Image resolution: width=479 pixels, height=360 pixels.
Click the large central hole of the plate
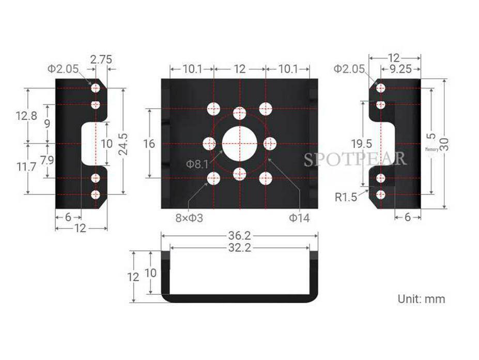point(239,143)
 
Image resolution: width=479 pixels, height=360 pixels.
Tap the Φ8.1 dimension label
point(197,164)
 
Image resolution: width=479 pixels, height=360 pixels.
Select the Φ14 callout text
point(299,218)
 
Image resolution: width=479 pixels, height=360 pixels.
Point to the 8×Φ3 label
point(189,218)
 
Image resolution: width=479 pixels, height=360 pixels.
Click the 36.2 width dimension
point(240,236)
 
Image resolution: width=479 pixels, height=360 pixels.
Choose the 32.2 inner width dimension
point(240,248)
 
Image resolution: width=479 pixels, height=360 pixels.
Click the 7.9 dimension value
point(47,160)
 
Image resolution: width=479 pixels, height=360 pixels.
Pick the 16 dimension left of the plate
point(149,144)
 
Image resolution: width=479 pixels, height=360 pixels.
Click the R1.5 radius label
point(346,197)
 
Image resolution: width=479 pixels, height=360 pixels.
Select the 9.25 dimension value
point(400,69)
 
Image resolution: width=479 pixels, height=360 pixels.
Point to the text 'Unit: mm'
point(421,298)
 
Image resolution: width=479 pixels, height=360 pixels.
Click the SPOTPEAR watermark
point(355,158)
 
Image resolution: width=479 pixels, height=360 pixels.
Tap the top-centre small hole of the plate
point(239,113)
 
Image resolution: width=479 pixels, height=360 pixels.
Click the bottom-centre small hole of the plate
point(239,174)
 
